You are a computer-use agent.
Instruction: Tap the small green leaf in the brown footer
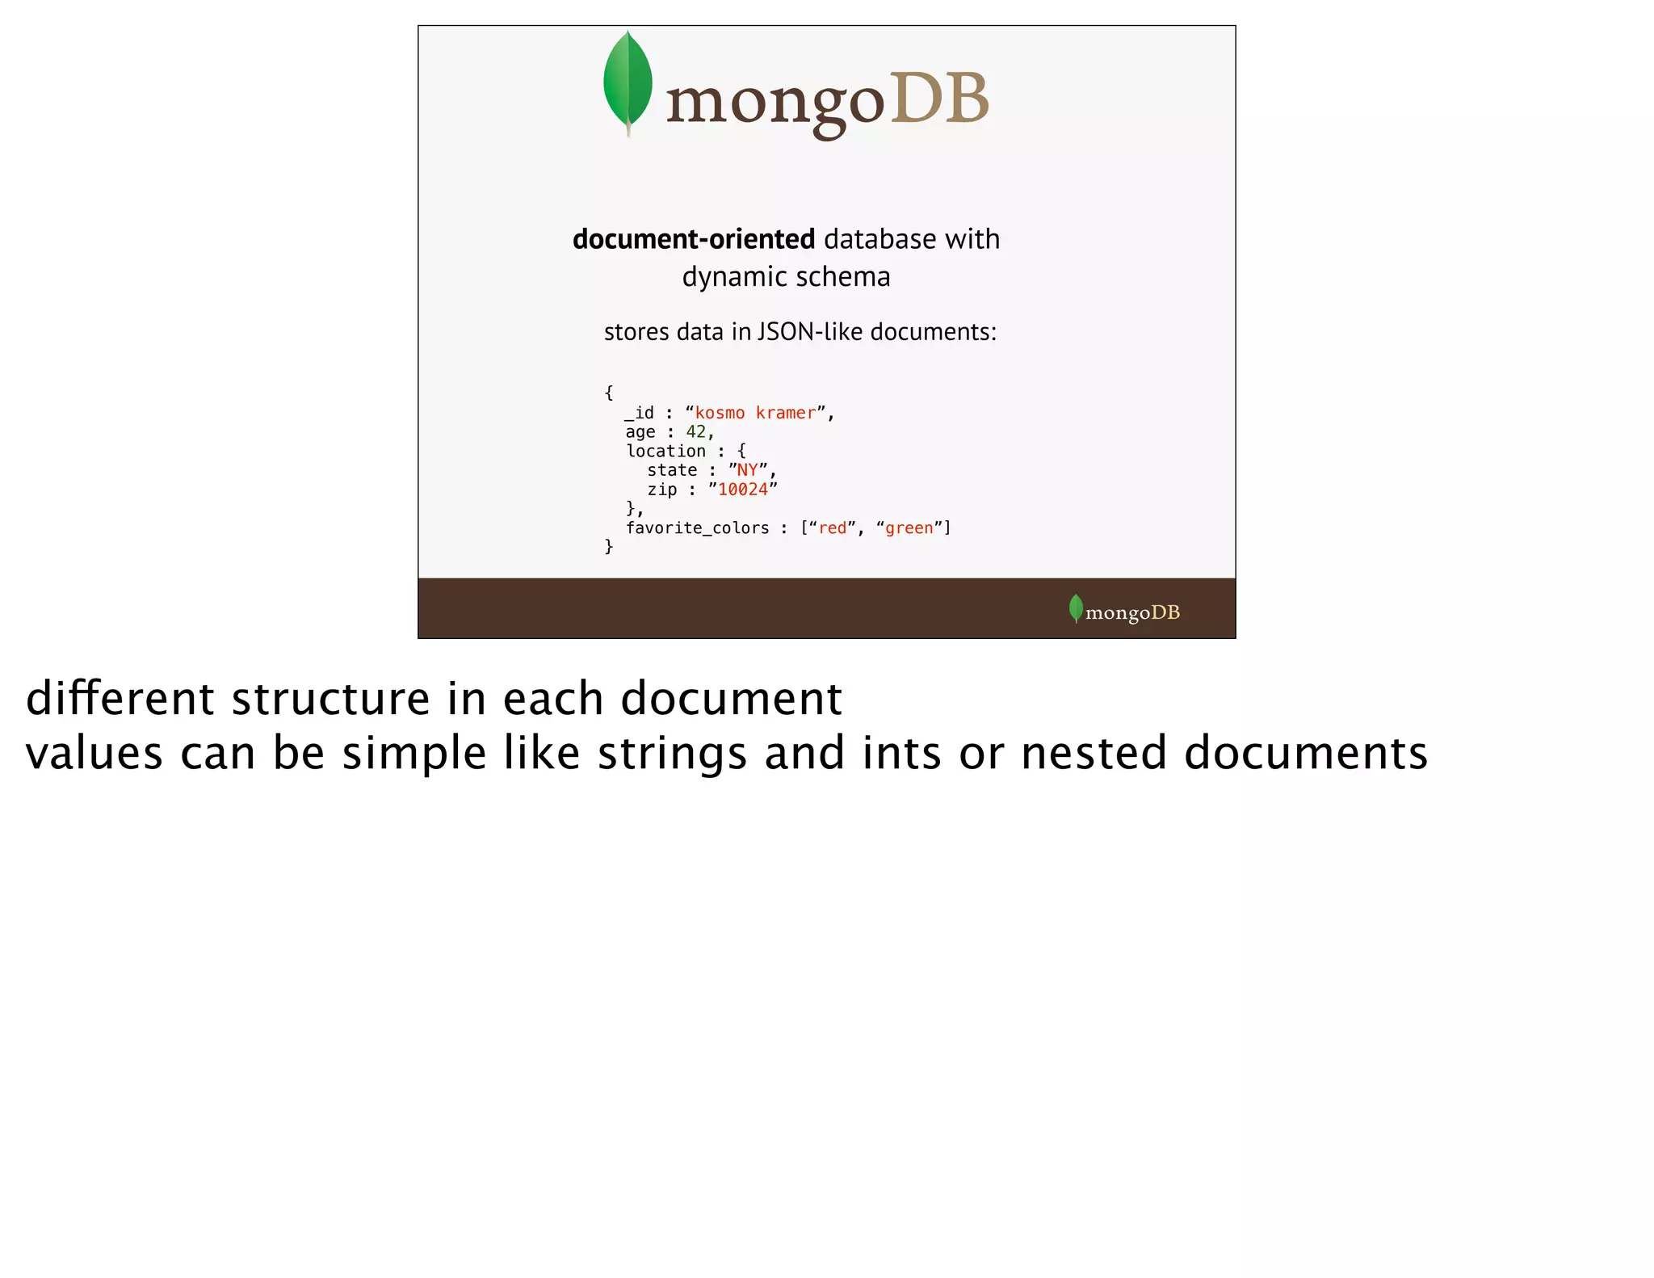point(1076,608)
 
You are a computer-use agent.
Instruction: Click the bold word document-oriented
point(693,239)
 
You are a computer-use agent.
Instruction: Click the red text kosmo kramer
point(755,413)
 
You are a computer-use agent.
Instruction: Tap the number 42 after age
point(696,432)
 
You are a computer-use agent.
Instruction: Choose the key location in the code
point(665,451)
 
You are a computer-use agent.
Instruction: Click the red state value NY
point(747,470)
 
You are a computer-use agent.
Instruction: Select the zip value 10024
point(743,490)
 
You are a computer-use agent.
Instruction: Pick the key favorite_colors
point(697,528)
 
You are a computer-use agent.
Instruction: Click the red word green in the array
point(909,528)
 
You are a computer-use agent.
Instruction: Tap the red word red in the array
point(833,528)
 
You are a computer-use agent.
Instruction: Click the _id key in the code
point(640,413)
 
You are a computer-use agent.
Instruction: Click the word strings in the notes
point(672,753)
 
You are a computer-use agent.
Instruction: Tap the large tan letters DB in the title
point(939,99)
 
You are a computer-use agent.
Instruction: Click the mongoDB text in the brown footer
point(1132,612)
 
